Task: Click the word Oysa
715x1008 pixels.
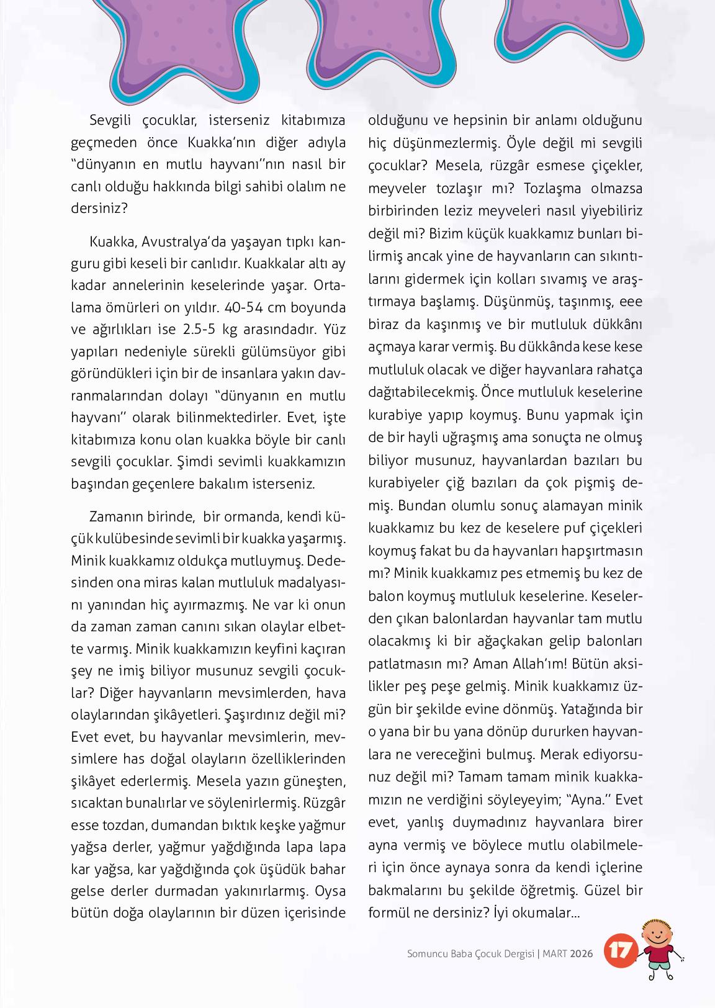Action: (330, 891)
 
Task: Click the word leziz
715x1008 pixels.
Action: (461, 210)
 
